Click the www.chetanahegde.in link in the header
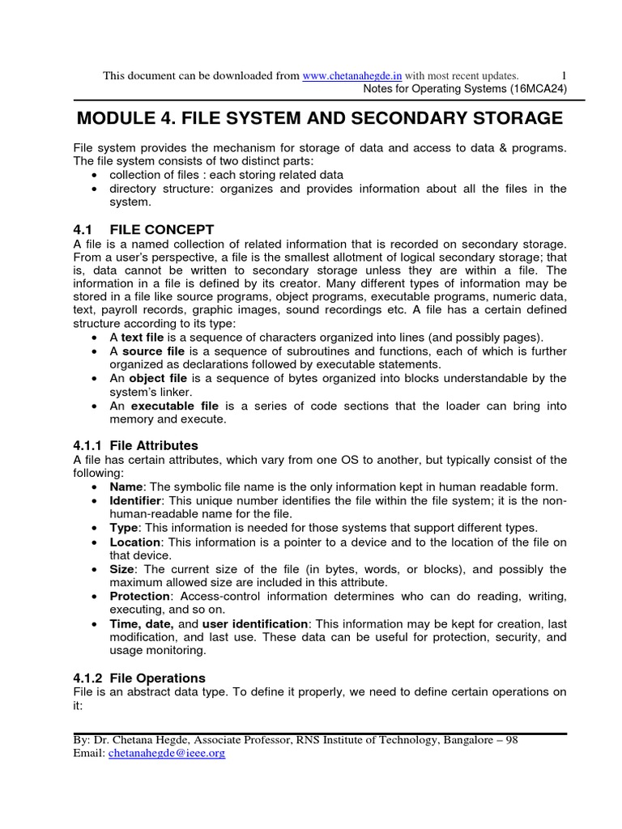[x=352, y=75]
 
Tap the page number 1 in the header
[x=564, y=75]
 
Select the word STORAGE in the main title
[x=515, y=119]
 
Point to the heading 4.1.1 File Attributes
[x=135, y=445]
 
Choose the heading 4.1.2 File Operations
[x=138, y=678]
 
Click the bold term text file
[x=143, y=338]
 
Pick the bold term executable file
[x=175, y=406]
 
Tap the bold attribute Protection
[x=139, y=596]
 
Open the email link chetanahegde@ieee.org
[x=167, y=753]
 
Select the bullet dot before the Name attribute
[x=96, y=487]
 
